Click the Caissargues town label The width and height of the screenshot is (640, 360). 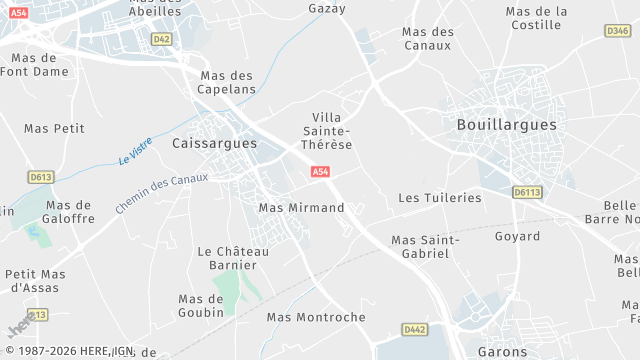click(215, 144)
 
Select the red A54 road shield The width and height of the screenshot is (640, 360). click(320, 173)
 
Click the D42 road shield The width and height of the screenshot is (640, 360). click(162, 39)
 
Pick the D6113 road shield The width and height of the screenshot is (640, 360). click(526, 191)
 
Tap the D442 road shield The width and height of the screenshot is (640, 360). click(415, 329)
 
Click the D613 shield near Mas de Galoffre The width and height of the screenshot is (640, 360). click(41, 177)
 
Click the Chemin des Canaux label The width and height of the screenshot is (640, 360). click(161, 192)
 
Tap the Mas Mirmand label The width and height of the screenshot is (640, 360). click(301, 208)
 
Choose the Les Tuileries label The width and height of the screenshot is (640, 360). click(440, 198)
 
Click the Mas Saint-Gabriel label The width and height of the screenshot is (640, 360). click(425, 247)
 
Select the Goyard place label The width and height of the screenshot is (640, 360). click(517, 237)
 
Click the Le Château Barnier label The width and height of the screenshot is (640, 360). click(233, 258)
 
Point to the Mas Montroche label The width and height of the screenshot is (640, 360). click(316, 317)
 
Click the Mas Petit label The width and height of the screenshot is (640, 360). click(54, 129)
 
